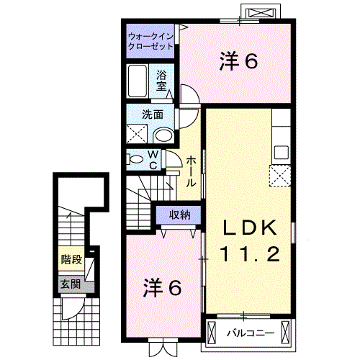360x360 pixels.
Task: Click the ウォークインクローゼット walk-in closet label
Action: point(150,41)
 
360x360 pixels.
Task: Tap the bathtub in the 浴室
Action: point(138,81)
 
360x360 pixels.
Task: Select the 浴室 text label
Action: point(161,81)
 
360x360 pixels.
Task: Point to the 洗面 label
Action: point(153,114)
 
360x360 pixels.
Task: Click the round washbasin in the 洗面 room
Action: point(164,136)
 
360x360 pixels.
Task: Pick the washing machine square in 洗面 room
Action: point(137,134)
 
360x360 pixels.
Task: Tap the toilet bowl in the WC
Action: point(135,160)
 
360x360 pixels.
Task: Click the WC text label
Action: point(153,160)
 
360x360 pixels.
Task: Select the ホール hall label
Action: point(192,171)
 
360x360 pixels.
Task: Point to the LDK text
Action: point(250,228)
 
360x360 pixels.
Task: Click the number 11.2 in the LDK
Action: point(250,254)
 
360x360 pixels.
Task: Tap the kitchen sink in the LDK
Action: point(282,152)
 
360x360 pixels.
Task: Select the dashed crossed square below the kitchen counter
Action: point(280,176)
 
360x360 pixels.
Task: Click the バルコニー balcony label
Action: point(251,333)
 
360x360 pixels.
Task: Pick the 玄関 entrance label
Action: point(71,284)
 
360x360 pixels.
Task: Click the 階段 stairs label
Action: point(71,259)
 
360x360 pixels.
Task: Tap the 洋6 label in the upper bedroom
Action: point(239,61)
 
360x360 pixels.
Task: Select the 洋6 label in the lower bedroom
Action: point(162,288)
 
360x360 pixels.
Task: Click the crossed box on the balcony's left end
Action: point(212,333)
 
